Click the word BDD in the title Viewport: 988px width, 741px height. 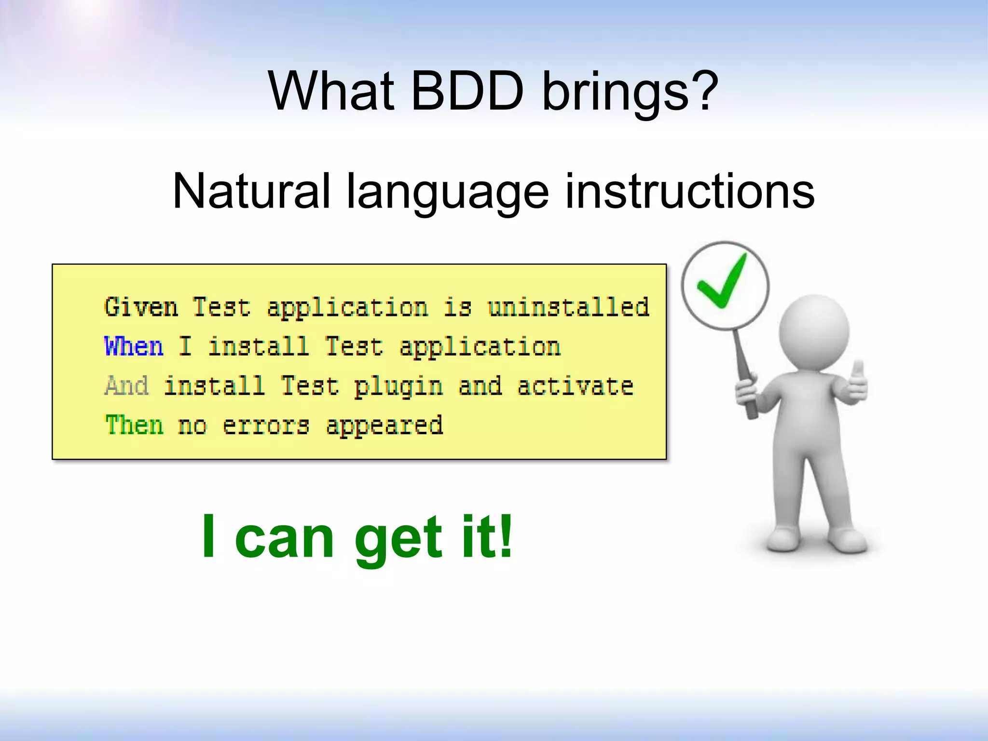(x=467, y=91)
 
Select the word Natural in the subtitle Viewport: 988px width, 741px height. (x=251, y=192)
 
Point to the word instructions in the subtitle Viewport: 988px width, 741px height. (x=689, y=192)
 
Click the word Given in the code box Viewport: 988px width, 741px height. (x=141, y=307)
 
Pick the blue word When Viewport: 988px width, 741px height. (x=134, y=346)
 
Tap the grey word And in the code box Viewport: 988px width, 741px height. (x=126, y=386)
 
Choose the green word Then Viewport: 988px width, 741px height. (x=134, y=425)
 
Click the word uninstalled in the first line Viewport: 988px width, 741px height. (x=568, y=307)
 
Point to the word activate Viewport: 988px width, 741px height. (x=575, y=386)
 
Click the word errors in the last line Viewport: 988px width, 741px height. (x=265, y=426)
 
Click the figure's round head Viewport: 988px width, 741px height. (x=814, y=333)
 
